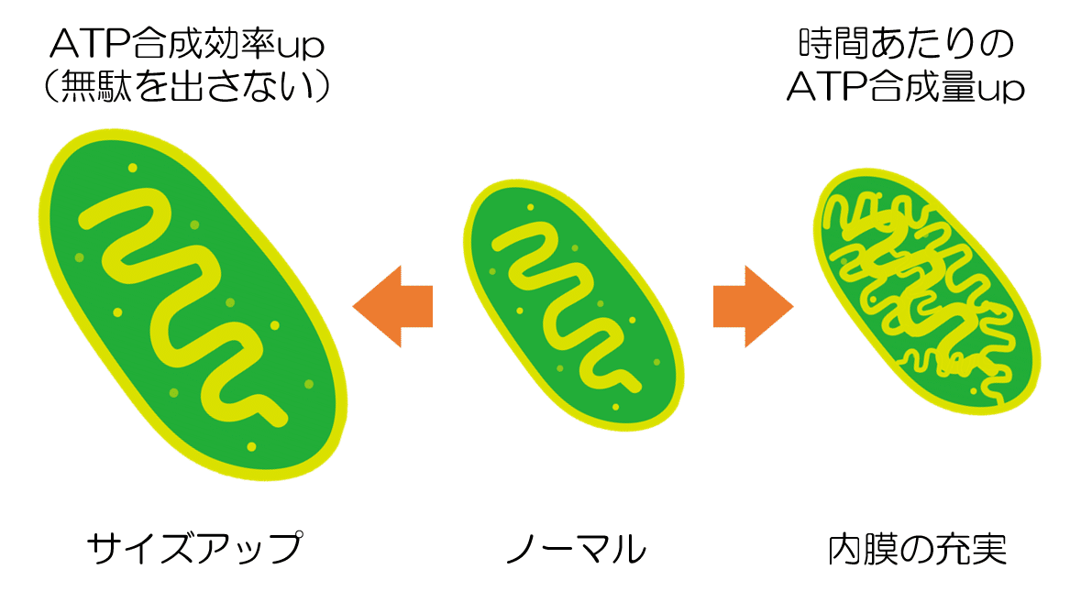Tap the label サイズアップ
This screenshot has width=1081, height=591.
coord(193,549)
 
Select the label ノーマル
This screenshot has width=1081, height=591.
coord(576,549)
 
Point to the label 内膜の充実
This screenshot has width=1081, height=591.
coord(917,549)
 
